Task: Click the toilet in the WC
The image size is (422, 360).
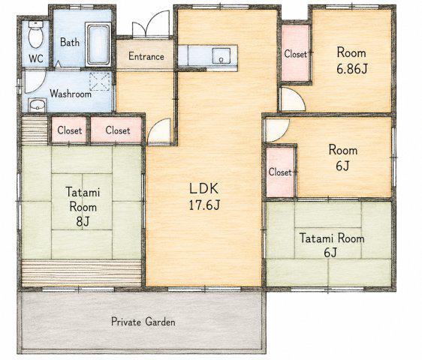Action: click(x=36, y=34)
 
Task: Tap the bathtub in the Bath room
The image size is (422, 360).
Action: click(x=98, y=44)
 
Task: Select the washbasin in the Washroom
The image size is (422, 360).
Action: click(x=38, y=105)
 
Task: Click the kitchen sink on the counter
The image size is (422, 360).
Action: click(x=222, y=56)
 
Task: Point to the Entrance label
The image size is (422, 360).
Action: click(x=146, y=56)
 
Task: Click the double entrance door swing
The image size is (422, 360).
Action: click(x=151, y=24)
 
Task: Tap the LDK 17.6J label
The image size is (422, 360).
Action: click(x=204, y=196)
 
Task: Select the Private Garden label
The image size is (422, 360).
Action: click(x=143, y=322)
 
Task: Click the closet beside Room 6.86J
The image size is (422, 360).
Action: click(x=296, y=53)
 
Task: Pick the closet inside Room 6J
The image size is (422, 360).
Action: click(x=280, y=172)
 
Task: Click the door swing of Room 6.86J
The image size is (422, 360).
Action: click(x=293, y=99)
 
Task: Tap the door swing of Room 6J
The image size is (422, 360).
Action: click(x=277, y=130)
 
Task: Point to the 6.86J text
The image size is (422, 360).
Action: click(x=351, y=69)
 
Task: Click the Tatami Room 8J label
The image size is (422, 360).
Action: click(x=83, y=207)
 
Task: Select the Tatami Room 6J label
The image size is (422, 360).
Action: click(x=332, y=245)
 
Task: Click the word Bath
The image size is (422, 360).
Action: click(x=70, y=42)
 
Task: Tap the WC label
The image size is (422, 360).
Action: click(x=36, y=58)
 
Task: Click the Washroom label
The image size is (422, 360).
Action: click(x=71, y=94)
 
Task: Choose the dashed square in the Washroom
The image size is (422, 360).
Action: click(x=100, y=81)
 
